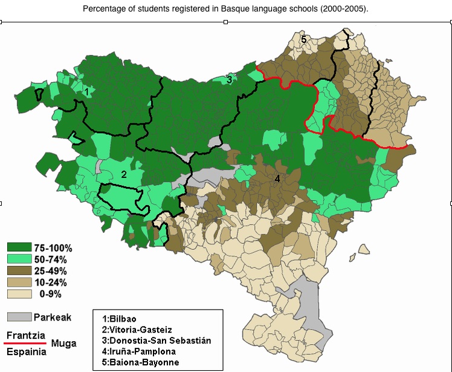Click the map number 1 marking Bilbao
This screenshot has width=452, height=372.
pyautogui.click(x=88, y=92)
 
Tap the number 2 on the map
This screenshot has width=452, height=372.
pyautogui.click(x=124, y=174)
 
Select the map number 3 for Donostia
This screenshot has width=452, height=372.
pyautogui.click(x=229, y=79)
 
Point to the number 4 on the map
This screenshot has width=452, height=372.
pyautogui.click(x=277, y=178)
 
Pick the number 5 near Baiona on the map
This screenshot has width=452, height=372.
pyautogui.click(x=304, y=39)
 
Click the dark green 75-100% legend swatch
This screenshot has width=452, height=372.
pyautogui.click(x=19, y=247)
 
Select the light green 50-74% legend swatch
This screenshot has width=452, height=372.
pyautogui.click(x=19, y=259)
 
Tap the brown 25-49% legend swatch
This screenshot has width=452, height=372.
pyautogui.click(x=19, y=270)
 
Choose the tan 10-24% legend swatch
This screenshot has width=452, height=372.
pyautogui.click(x=19, y=282)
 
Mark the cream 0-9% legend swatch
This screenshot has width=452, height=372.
pyautogui.click(x=19, y=294)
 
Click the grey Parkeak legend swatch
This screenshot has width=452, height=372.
pyautogui.click(x=19, y=316)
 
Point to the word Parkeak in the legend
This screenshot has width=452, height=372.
pyautogui.click(x=53, y=317)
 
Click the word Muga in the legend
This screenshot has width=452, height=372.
pyautogui.click(x=63, y=344)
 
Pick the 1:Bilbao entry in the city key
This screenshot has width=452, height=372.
pyautogui.click(x=120, y=319)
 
